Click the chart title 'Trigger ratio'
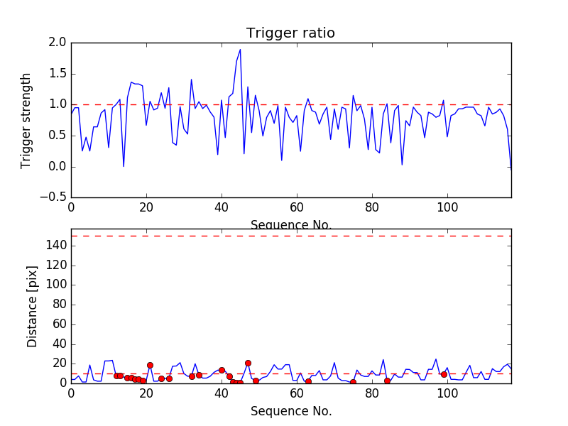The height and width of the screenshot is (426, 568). tap(290, 33)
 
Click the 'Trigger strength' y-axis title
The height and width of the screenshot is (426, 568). tap(26, 120)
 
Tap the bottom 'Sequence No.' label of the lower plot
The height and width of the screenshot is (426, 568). tap(290, 411)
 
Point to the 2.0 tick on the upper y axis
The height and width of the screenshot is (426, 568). tap(58, 43)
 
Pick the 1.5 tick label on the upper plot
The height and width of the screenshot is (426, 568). tap(58, 74)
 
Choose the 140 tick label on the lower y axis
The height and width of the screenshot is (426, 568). tap(56, 246)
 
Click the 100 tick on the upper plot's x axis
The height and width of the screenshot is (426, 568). tap(447, 208)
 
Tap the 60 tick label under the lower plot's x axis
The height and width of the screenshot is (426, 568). tap(297, 394)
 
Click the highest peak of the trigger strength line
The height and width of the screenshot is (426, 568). tap(240, 50)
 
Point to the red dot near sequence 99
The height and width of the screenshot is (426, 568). tap(444, 374)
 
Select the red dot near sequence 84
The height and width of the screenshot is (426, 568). tap(387, 381)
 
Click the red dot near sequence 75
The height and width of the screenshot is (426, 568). tap(353, 383)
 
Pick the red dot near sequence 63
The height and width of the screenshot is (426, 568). tap(308, 381)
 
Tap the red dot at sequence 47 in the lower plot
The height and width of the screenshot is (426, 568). tap(248, 363)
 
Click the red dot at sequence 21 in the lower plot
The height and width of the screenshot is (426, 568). tap(150, 365)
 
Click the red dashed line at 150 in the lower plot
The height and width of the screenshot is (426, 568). tap(290, 236)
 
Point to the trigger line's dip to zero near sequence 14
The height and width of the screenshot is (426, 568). tap(124, 166)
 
